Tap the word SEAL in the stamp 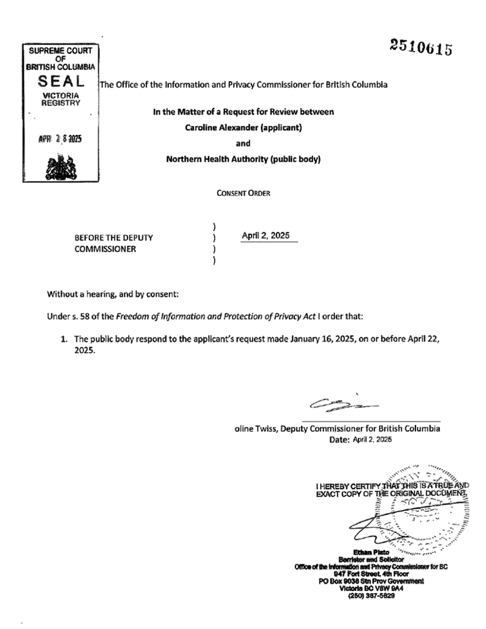point(60,81)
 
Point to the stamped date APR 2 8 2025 point(60,138)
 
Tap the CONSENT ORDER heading point(243,193)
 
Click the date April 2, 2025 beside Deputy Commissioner point(266,235)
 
